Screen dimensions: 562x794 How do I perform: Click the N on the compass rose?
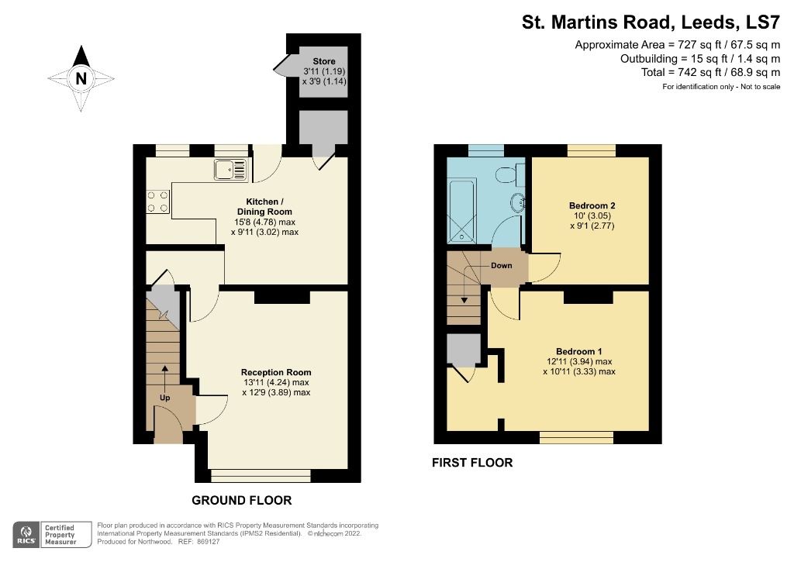click(81, 78)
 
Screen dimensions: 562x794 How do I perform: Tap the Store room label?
click(323, 61)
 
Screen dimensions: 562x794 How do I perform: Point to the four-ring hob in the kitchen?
click(157, 202)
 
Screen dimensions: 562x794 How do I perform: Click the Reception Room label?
click(275, 372)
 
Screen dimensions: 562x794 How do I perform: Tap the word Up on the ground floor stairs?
click(164, 398)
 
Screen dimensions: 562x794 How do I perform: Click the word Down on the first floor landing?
click(501, 265)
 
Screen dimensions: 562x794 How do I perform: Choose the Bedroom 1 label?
click(578, 350)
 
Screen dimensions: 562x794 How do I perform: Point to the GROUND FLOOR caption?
click(242, 500)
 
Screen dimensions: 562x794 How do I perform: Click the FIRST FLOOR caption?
click(472, 463)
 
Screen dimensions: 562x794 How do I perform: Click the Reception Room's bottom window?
click(260, 474)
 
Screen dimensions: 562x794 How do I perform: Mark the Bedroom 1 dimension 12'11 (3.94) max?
click(578, 361)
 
